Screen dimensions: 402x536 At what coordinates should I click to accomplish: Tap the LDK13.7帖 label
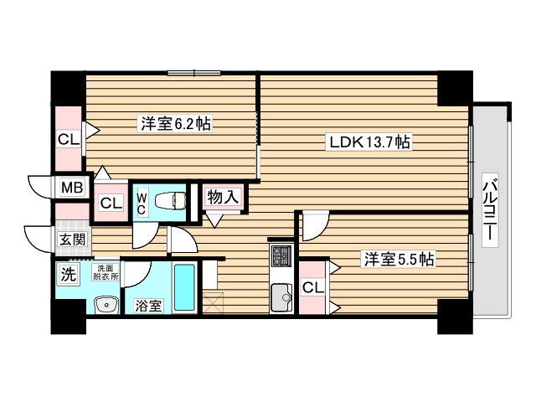pos(368,143)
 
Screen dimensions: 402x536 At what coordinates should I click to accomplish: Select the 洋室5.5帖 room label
pos(398,260)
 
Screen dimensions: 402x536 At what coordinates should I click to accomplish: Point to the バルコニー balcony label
pos(491,212)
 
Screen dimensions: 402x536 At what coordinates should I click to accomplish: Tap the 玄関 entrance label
pos(70,240)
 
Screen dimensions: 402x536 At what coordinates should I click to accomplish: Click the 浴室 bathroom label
pos(148,306)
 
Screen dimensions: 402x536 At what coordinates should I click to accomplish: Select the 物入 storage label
pos(224,198)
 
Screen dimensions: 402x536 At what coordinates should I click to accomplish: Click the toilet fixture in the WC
pos(170,199)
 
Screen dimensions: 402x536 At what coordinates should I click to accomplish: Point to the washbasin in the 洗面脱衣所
pos(106,306)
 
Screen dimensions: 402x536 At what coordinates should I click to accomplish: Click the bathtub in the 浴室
pos(183,289)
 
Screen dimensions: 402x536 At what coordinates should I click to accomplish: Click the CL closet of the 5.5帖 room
pos(312,287)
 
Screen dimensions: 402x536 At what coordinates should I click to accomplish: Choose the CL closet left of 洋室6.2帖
pos(68,138)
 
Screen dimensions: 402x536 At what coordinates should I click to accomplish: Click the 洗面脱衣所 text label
pos(106,271)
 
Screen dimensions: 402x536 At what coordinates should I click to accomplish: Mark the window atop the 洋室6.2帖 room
pos(194,73)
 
